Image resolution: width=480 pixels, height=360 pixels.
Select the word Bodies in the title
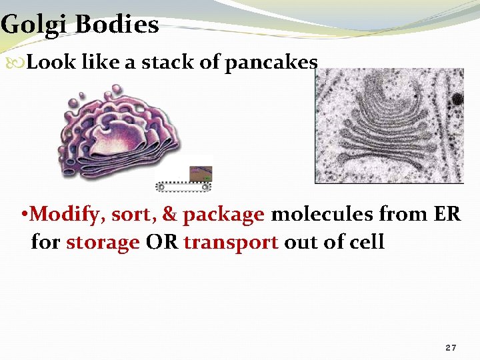coord(117,25)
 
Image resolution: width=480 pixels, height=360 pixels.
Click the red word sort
coord(132,215)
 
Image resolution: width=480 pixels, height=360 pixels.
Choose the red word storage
coord(103,241)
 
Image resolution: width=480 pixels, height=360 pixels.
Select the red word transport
coord(231,242)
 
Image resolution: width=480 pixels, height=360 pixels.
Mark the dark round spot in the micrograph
coord(457,99)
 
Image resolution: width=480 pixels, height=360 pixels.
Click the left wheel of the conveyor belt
coord(161,187)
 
